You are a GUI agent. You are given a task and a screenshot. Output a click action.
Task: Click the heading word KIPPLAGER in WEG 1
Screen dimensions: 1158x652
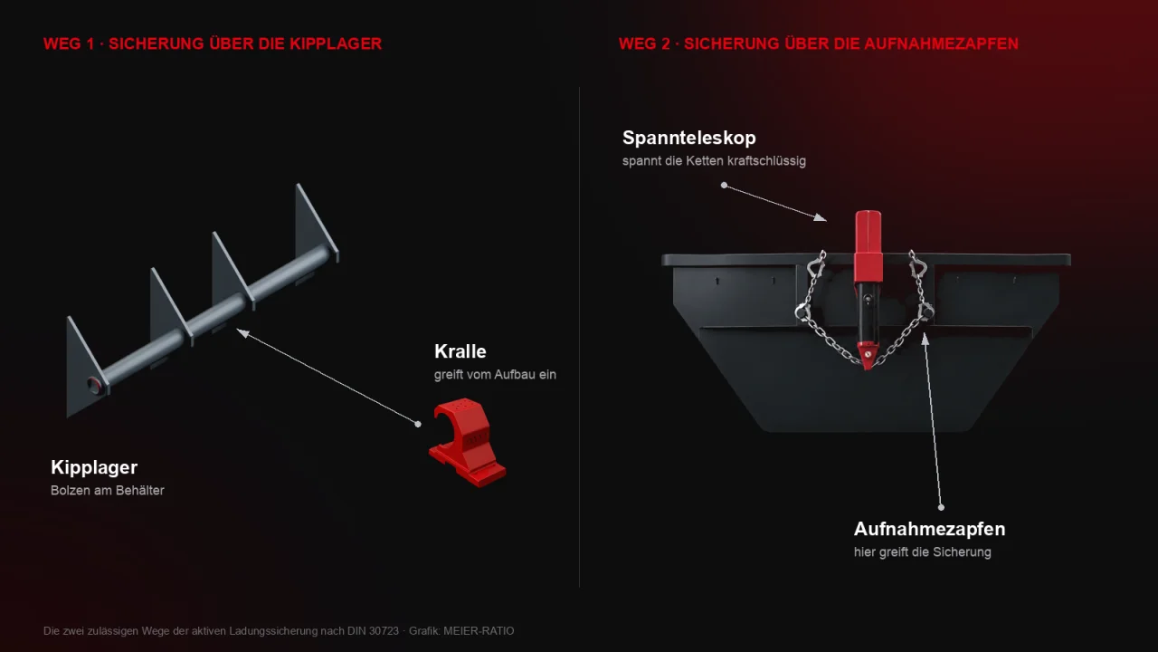(336, 43)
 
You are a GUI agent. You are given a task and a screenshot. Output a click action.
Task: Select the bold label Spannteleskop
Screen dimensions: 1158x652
(689, 138)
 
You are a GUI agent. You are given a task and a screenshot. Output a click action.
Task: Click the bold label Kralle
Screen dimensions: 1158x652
(460, 351)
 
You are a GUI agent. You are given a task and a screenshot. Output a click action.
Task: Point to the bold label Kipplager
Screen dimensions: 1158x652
(94, 467)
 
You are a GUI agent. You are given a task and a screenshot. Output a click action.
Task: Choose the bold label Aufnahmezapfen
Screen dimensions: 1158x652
(929, 529)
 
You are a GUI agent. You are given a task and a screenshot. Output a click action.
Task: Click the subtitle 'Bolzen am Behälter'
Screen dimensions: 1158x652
(108, 491)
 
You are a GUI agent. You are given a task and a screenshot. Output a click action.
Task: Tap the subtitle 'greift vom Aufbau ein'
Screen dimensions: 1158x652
(495, 375)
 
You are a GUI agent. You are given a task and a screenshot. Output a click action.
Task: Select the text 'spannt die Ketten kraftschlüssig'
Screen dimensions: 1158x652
(714, 161)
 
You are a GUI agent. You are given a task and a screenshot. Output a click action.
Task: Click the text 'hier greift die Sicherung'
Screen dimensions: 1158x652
(922, 552)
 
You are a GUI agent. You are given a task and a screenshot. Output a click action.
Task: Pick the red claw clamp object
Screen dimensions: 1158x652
(468, 443)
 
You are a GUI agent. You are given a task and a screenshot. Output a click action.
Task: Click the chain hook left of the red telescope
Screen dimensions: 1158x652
(816, 265)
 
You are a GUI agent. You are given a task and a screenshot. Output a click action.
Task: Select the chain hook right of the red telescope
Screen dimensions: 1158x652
(918, 265)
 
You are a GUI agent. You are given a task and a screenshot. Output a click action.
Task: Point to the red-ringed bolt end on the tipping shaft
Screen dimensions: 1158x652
(95, 385)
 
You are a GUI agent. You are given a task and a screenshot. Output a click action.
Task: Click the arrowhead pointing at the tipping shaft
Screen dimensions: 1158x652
(242, 332)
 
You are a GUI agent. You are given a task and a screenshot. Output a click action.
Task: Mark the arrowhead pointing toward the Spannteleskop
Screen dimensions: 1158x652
(821, 217)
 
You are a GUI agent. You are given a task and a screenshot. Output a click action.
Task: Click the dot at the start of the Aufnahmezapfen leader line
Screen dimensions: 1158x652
(941, 508)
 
